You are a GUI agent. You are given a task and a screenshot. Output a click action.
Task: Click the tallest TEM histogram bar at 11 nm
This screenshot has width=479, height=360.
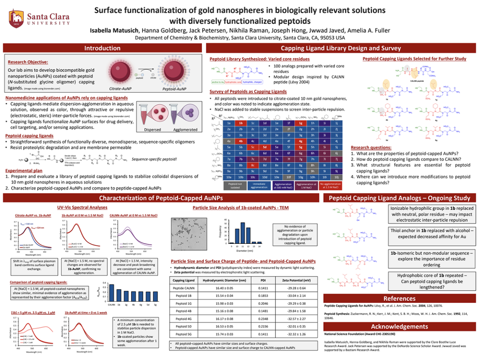243,232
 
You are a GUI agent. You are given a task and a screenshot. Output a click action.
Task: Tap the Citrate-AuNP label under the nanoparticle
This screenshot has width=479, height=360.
121,89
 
